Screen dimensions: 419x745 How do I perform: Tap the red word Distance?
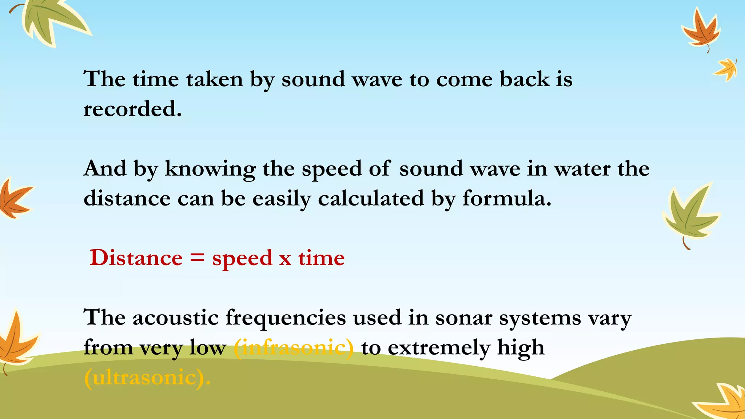click(x=136, y=258)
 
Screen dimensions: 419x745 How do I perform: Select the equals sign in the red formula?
click(x=197, y=258)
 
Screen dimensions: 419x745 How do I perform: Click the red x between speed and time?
click(x=285, y=259)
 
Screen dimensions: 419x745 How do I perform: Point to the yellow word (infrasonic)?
click(x=294, y=347)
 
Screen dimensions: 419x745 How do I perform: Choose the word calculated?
click(x=371, y=199)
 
